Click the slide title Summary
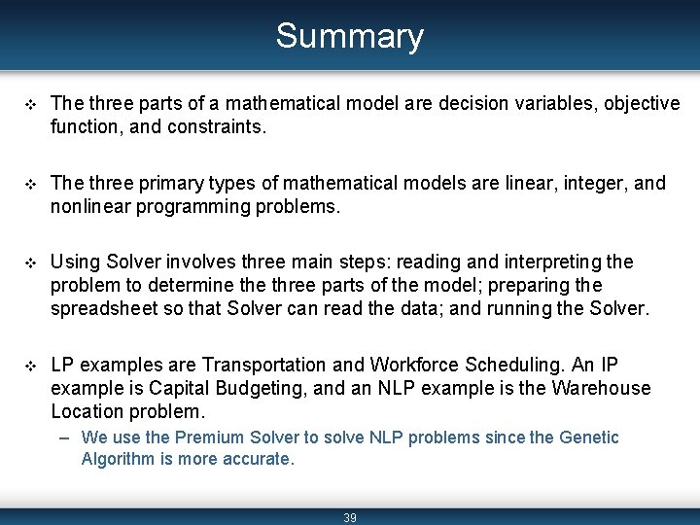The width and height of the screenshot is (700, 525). pos(349,36)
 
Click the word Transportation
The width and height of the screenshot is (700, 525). pos(263,365)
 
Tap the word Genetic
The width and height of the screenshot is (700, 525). pos(589,437)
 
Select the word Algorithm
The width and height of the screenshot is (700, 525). pos(118,459)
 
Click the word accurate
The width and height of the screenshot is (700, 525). pos(257,459)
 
